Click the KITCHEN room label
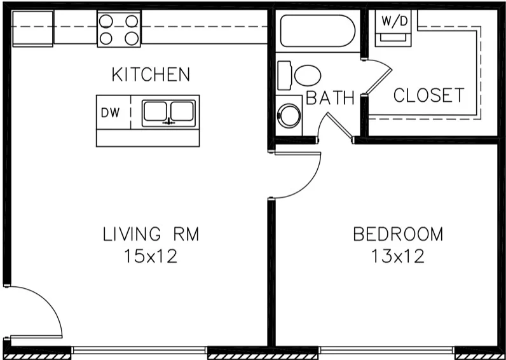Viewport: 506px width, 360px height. point(151,74)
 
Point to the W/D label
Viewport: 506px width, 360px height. point(394,20)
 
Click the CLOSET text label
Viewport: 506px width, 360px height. point(428,96)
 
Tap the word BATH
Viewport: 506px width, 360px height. point(330,98)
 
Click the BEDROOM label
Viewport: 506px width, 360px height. point(398,235)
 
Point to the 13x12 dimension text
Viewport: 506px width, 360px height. point(398,257)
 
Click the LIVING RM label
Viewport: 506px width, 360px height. point(151,235)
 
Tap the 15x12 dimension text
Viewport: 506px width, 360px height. point(151,257)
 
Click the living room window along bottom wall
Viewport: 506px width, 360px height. point(140,350)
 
